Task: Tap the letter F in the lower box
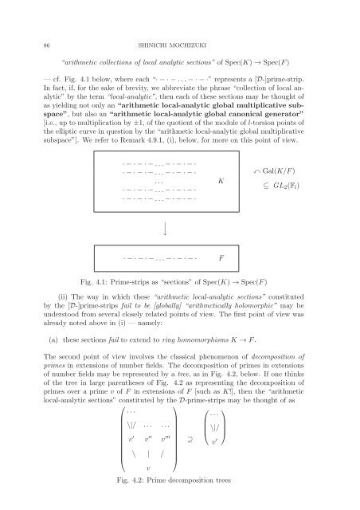(221, 259)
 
